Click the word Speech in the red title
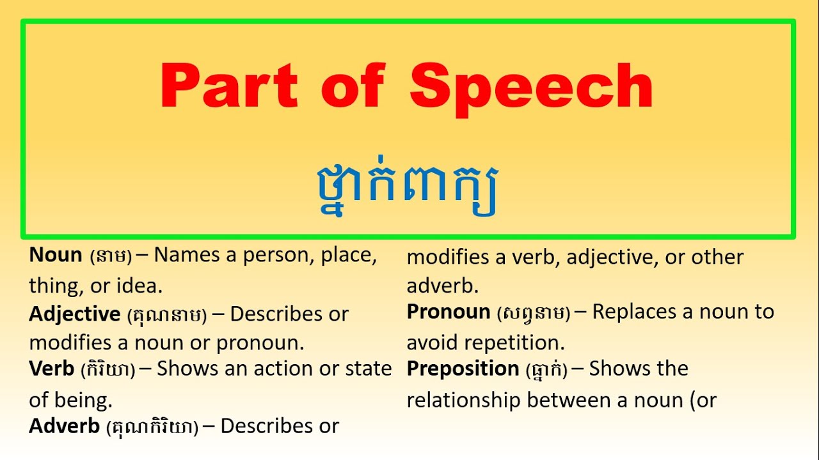[x=531, y=87]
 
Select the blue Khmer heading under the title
[x=407, y=186]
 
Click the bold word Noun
[x=56, y=255]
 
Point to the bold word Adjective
[x=75, y=314]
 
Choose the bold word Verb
[x=52, y=369]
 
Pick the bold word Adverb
[x=64, y=426]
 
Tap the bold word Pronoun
[x=449, y=312]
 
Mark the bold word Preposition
[x=463, y=369]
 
